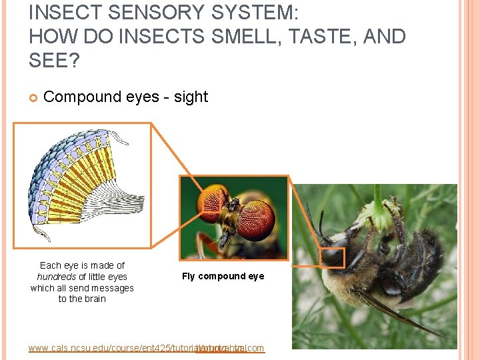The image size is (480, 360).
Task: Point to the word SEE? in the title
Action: pyautogui.click(x=53, y=61)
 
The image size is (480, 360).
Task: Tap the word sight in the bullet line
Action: pyautogui.click(x=191, y=97)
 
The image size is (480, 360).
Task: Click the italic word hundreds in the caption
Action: pyautogui.click(x=56, y=277)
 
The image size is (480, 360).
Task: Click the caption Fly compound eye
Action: pyautogui.click(x=223, y=276)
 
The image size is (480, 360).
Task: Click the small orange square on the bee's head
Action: pyautogui.click(x=332, y=257)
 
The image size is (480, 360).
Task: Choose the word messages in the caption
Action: pyautogui.click(x=109, y=288)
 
